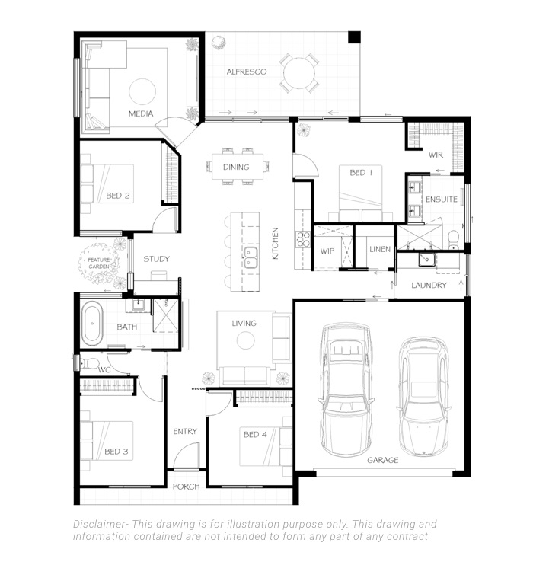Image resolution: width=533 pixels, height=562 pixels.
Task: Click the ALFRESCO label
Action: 246,72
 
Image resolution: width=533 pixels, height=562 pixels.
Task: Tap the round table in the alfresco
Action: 297,73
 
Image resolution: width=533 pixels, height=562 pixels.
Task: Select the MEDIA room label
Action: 140,114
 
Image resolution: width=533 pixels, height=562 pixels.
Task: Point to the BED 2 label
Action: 118,196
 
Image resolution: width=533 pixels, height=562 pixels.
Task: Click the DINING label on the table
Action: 236,168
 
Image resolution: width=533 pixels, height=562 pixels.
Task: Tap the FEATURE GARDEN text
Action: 98,263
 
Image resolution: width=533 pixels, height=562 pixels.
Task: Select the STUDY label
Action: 156,259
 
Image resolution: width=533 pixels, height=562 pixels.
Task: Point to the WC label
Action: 105,369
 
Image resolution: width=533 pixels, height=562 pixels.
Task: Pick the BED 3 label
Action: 116,452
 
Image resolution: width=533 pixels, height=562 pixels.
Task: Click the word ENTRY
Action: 185,431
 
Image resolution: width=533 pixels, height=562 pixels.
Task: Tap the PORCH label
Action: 186,486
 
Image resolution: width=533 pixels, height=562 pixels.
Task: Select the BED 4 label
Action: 255,435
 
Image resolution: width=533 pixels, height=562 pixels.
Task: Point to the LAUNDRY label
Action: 428,286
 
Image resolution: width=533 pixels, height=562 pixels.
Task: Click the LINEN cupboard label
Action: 380,249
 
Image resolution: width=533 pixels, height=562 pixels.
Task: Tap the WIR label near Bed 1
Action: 436,155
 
